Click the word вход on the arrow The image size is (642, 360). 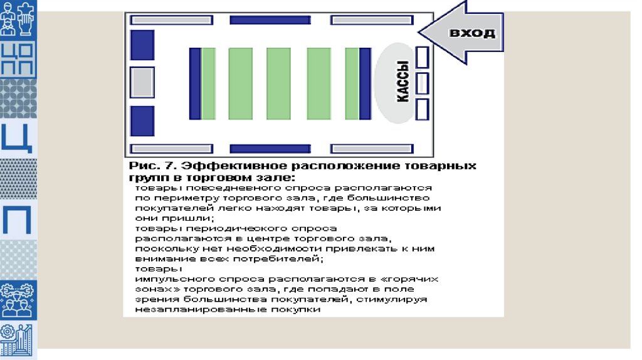coord(471,33)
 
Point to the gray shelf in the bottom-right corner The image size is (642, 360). coord(371,149)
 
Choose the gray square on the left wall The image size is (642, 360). coord(142,82)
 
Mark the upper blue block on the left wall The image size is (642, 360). coord(142,45)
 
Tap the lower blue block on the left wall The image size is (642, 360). coord(142,120)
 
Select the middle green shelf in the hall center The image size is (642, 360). coord(279,83)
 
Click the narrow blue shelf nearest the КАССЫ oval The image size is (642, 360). coord(365,83)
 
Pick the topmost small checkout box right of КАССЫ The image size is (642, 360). coord(423,58)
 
